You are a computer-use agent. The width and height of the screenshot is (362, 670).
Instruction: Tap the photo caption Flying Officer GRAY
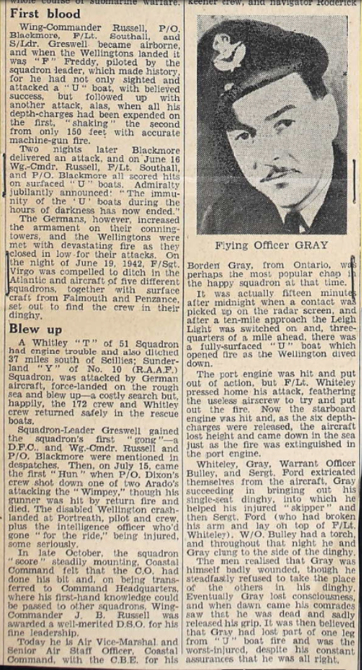[x=272, y=246]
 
